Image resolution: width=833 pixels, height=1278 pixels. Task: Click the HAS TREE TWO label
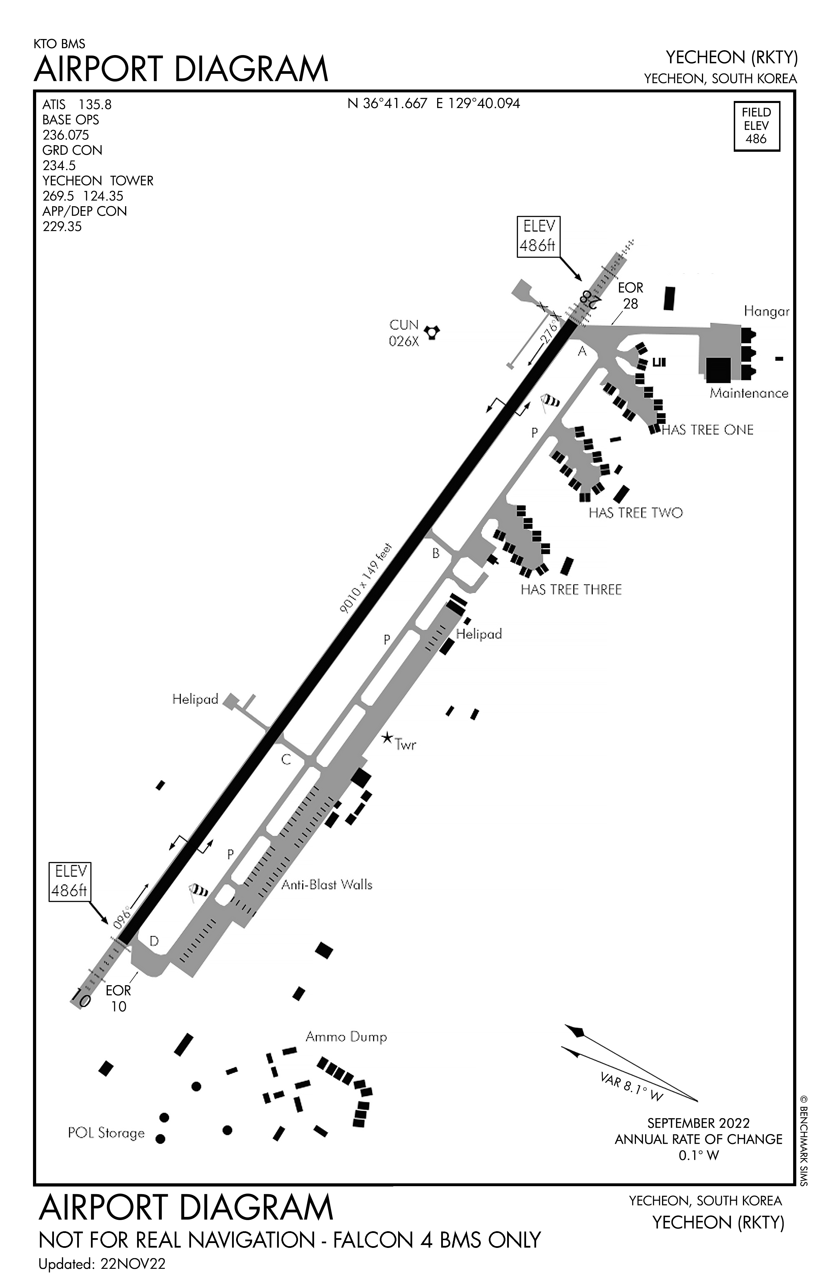(x=635, y=513)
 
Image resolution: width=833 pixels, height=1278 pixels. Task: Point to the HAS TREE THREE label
(x=571, y=590)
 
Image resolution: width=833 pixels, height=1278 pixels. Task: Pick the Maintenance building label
(x=749, y=393)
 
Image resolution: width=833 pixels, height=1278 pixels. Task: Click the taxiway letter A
(x=582, y=352)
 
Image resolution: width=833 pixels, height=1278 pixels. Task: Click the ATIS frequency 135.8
(x=95, y=105)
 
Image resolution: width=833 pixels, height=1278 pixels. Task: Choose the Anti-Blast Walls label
(x=326, y=884)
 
